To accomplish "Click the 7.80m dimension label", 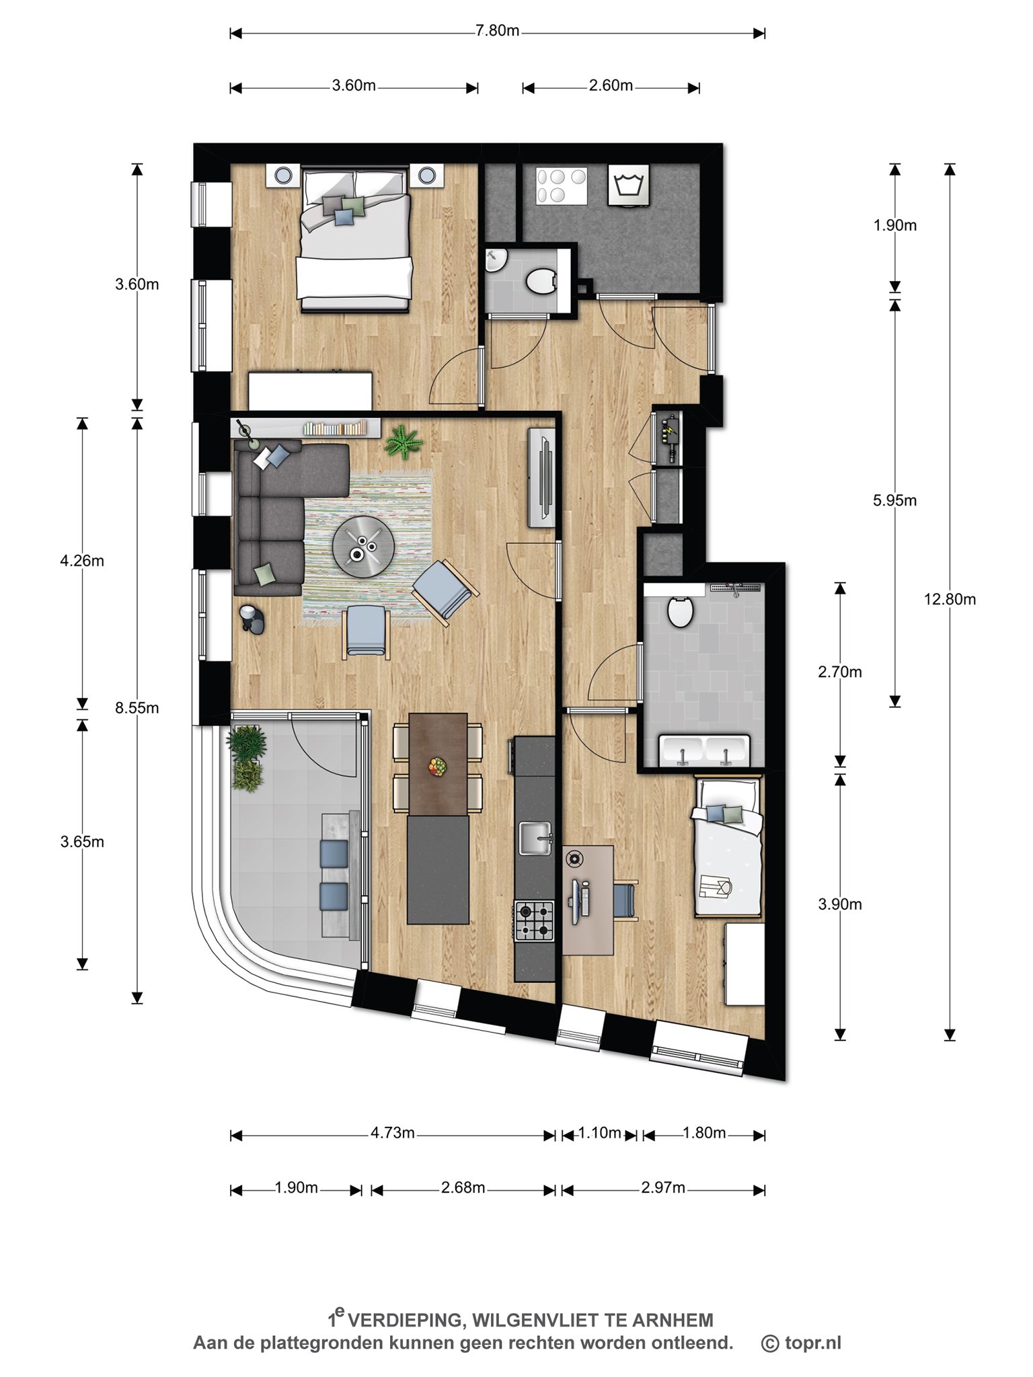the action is (x=497, y=32).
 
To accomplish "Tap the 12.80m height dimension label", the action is (x=950, y=598).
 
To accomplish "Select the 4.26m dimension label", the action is (x=82, y=560).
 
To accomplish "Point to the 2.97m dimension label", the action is (x=663, y=1187).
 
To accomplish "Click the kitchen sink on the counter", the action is (x=536, y=838).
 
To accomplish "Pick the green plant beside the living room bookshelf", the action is (x=404, y=441).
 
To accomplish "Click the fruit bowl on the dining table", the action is (x=438, y=766).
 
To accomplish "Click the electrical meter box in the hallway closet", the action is (x=670, y=437).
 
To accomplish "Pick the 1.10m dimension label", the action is (x=599, y=1133).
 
